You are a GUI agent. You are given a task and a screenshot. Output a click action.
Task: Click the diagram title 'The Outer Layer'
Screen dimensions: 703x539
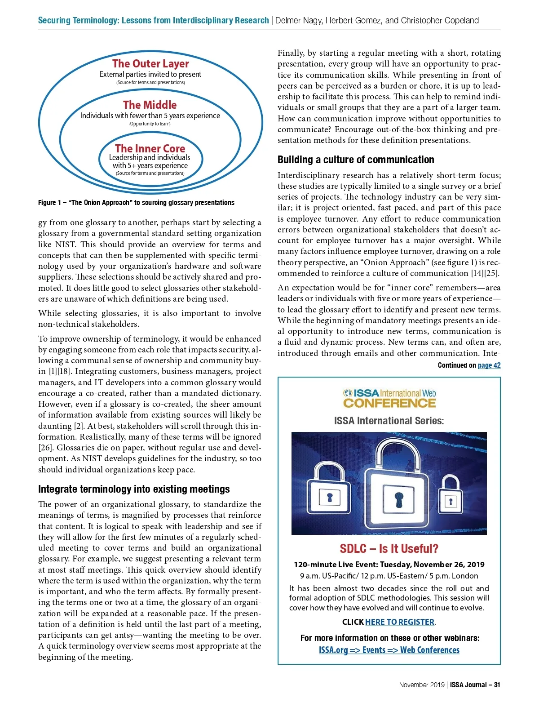[x=150, y=63]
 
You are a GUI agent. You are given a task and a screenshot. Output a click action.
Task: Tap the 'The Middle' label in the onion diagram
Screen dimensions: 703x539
[x=150, y=105]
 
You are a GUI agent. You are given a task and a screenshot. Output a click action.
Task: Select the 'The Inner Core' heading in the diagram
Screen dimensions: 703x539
[x=150, y=148]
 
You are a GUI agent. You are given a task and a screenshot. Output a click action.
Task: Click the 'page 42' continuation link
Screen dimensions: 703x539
[x=489, y=365]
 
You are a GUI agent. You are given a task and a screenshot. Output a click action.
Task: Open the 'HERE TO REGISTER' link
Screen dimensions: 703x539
[x=400, y=622]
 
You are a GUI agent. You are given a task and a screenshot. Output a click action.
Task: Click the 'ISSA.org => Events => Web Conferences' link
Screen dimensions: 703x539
[x=389, y=650]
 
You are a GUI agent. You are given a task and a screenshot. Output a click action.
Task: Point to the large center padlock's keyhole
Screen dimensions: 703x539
[x=399, y=500]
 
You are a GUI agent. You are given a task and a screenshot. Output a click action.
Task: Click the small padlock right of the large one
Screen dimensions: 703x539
[x=451, y=494]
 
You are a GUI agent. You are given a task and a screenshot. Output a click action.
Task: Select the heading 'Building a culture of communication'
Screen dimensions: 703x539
[x=356, y=160]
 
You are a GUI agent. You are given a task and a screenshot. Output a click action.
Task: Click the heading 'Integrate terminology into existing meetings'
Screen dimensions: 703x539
[x=134, y=489]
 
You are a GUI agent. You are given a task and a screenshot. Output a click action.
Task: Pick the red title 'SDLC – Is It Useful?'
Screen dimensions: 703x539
[x=389, y=549]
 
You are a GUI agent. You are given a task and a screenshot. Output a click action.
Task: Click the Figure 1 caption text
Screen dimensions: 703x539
[x=136, y=203]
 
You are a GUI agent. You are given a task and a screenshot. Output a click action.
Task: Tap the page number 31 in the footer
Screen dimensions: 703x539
[x=497, y=685]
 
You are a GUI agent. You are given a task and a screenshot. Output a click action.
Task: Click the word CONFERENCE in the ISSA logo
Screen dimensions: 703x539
[x=389, y=403]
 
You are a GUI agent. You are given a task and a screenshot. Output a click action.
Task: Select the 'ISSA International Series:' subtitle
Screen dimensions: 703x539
[x=389, y=421]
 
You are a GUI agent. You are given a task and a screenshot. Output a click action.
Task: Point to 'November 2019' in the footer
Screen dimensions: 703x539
[x=421, y=685]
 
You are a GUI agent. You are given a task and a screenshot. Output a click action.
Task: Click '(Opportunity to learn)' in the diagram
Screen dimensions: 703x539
[x=150, y=124]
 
